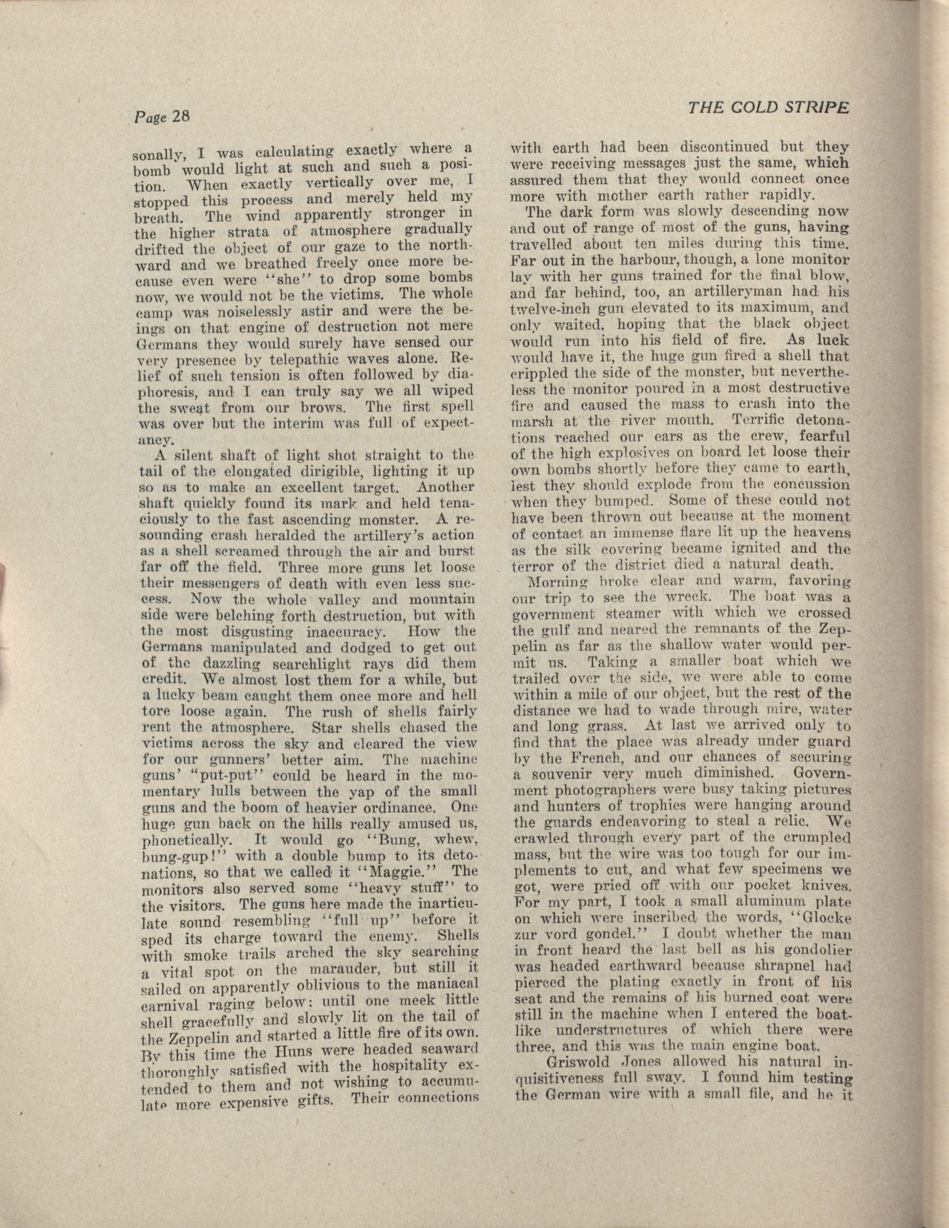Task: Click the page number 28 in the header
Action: pyautogui.click(x=181, y=117)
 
